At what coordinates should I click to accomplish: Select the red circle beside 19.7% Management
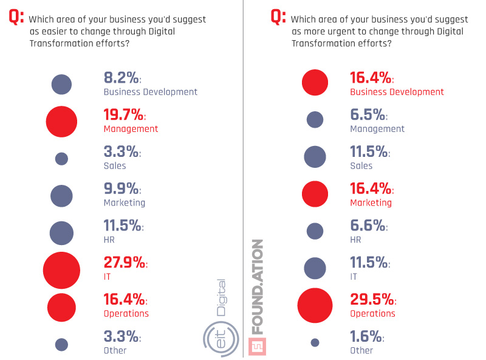click(61, 121)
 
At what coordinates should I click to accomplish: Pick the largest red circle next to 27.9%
click(61, 270)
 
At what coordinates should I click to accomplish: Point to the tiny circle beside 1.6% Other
click(315, 342)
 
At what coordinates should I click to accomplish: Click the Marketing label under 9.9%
click(125, 202)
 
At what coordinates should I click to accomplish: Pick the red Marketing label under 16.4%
click(371, 202)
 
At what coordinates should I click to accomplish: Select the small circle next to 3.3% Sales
click(61, 159)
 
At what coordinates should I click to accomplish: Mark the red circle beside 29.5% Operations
click(315, 305)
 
